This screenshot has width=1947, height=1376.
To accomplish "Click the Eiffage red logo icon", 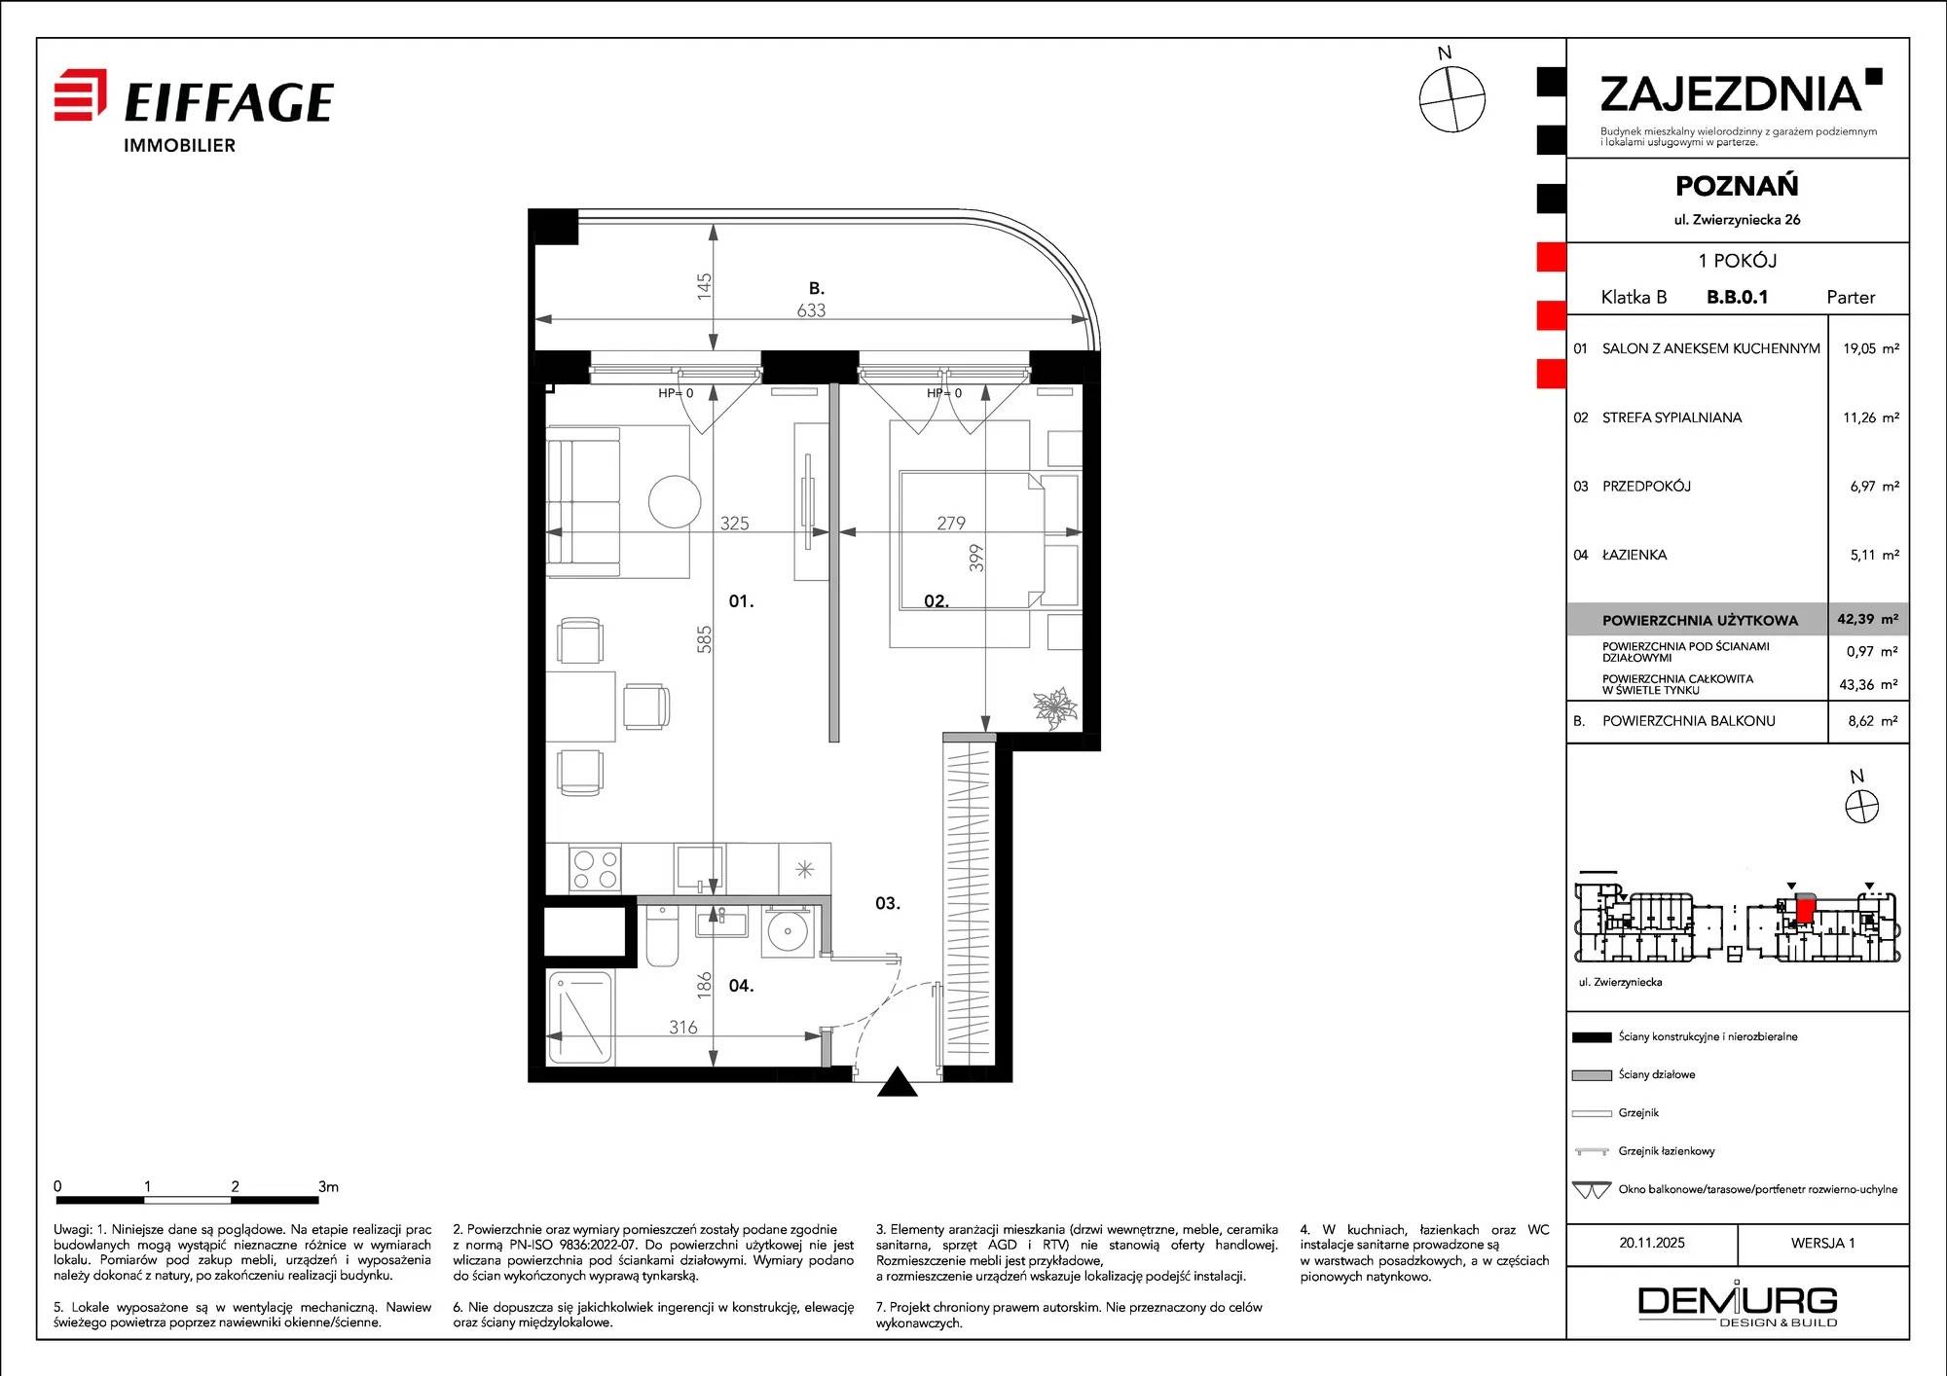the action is [80, 94].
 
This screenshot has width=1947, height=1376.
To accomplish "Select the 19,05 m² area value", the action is [1870, 348].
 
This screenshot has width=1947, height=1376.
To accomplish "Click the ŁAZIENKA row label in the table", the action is [1635, 555].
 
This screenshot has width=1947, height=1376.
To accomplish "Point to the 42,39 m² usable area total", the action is [1867, 619].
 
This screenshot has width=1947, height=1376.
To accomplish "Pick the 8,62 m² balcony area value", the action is [1872, 721].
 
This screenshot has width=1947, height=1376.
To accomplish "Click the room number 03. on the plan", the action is [888, 903].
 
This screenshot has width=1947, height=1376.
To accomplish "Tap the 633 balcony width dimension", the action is [811, 310].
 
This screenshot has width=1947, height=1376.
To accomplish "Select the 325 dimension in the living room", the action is [735, 523].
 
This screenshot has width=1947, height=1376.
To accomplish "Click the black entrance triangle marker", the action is [898, 1083].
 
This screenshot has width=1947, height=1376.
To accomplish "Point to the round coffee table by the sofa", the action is [675, 501].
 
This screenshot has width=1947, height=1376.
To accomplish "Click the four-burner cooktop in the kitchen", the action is [596, 869].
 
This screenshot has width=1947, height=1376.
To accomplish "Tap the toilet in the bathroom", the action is [662, 935].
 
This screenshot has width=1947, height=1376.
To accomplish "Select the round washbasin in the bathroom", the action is [787, 931].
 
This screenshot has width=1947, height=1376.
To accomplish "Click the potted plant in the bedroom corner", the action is [1055, 707].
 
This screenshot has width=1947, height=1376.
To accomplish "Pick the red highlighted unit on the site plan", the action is [1804, 910].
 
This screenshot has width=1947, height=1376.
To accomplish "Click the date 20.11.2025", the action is [1652, 1243].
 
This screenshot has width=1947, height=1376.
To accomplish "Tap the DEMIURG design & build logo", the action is [1738, 1306].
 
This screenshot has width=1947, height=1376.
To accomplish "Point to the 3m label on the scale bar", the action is [328, 1186].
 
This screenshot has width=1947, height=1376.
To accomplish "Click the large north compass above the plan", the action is [1451, 98].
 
